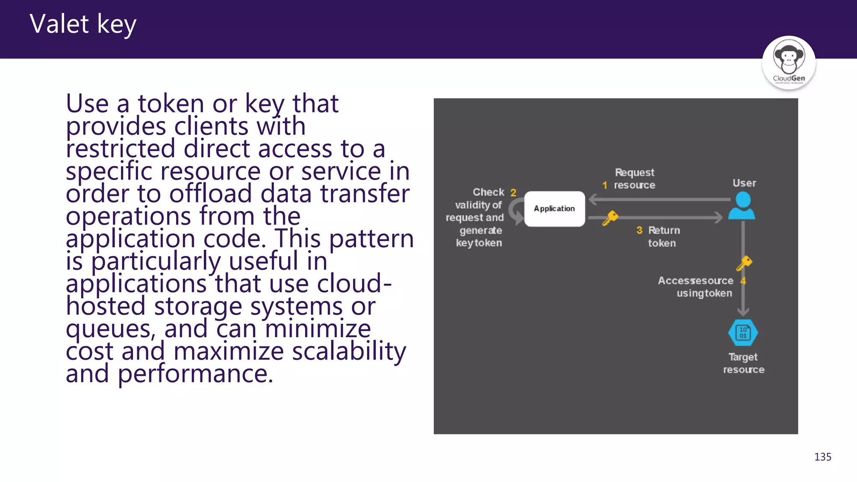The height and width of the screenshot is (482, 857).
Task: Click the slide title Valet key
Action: click(83, 24)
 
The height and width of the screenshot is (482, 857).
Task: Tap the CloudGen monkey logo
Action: click(788, 62)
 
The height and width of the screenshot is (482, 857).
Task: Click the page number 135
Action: click(822, 457)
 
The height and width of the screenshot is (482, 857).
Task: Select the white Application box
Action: click(554, 209)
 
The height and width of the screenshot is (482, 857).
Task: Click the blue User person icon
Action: click(742, 206)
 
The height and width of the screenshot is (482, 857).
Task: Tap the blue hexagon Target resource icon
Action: click(743, 333)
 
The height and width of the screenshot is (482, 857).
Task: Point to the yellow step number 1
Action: click(605, 185)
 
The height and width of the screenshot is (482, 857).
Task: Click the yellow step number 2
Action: click(513, 193)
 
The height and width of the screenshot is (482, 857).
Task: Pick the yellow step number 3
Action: click(639, 230)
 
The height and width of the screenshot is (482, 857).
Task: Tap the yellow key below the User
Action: click(744, 263)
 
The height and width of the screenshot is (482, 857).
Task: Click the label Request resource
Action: click(634, 179)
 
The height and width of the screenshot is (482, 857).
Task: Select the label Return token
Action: click(663, 236)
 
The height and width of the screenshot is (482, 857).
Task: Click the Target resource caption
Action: click(743, 363)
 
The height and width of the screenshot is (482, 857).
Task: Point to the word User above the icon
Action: click(744, 183)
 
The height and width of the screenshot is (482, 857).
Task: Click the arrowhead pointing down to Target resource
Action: click(743, 312)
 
